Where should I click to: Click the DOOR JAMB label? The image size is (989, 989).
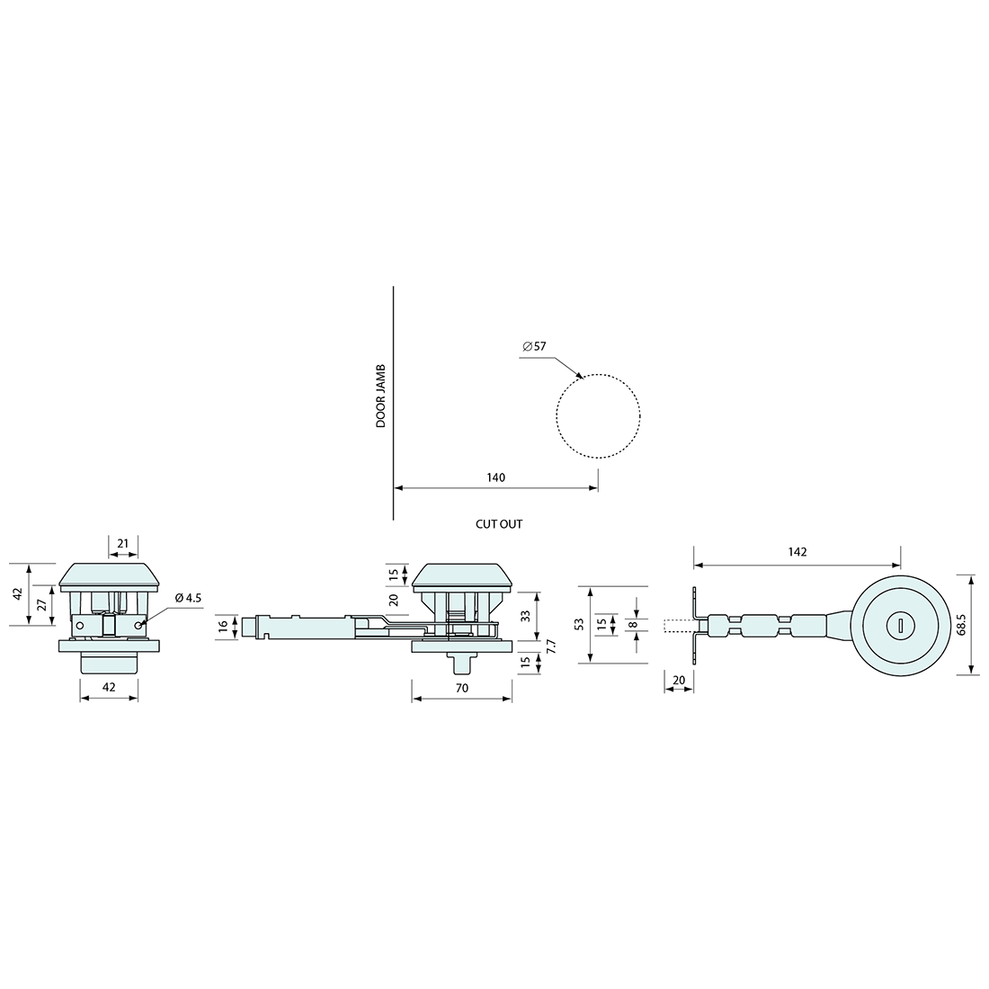(380, 396)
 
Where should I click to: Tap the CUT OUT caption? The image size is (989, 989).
(499, 524)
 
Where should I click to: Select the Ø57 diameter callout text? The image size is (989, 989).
(534, 346)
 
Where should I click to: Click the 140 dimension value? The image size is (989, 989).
(496, 477)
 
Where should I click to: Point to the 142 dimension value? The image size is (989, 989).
(797, 552)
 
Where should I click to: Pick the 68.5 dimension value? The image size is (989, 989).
(961, 625)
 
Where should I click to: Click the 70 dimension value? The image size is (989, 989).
(462, 688)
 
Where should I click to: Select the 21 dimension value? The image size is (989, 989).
(123, 543)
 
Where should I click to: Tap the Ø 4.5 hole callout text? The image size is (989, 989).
(188, 598)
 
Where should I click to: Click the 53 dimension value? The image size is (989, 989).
(580, 625)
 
